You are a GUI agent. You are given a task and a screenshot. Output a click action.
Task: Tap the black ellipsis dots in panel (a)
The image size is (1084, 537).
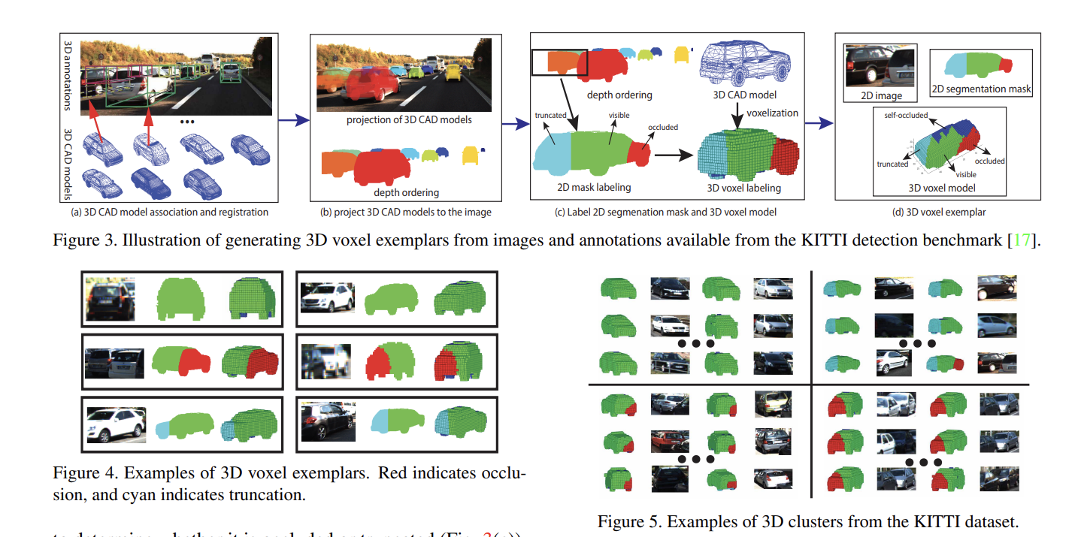coord(188,122)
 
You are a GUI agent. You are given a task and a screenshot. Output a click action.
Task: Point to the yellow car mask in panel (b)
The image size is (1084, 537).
coord(471,155)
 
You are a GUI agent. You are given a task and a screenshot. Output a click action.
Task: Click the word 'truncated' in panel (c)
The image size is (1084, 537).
coord(550,116)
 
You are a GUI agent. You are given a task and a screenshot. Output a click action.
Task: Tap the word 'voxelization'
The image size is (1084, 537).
coord(773,113)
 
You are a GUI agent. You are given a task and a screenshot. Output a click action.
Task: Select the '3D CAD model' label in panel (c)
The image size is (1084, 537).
coord(744,95)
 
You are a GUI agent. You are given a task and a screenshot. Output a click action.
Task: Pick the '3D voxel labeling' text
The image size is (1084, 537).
coord(743,188)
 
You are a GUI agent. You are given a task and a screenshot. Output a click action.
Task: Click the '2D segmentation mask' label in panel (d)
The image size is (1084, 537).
coord(981,89)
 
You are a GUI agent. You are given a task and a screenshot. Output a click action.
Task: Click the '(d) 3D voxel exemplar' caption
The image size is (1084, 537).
coord(937,212)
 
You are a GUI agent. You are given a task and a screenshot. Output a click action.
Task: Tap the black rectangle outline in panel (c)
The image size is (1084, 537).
coord(559,62)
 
